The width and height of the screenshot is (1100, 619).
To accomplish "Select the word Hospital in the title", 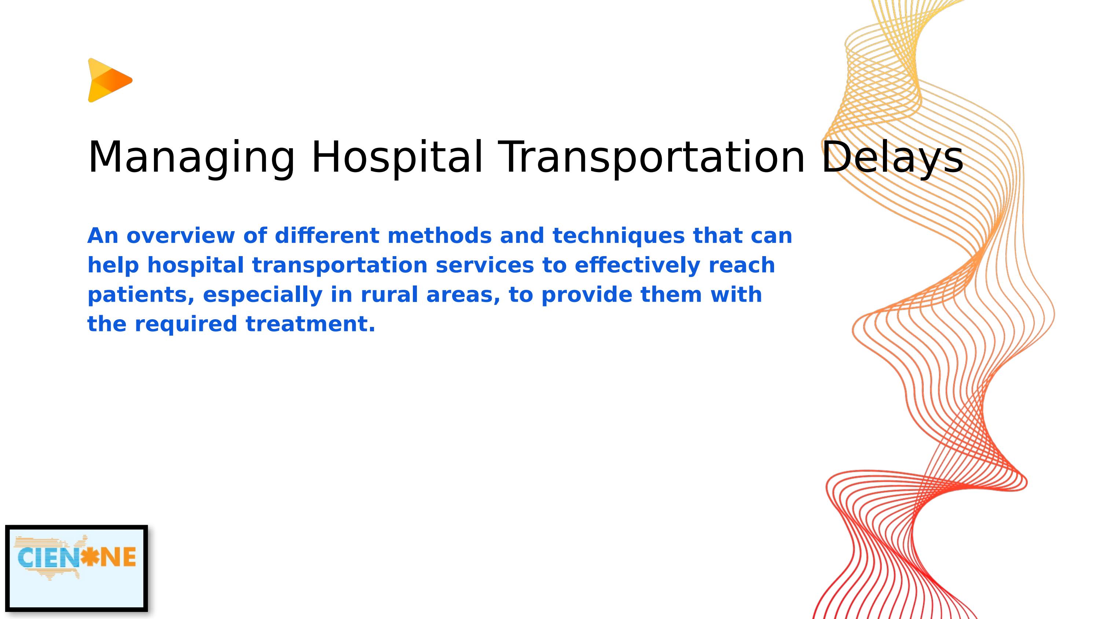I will click(x=397, y=157).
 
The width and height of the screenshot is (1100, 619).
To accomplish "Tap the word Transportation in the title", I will click(x=652, y=157).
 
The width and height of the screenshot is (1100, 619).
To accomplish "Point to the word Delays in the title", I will click(x=892, y=157).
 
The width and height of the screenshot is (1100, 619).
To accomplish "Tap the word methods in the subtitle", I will click(x=439, y=236).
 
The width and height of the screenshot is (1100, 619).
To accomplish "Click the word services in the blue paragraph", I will click(x=485, y=265).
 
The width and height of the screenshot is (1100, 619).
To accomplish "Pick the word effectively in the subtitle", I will click(x=637, y=265).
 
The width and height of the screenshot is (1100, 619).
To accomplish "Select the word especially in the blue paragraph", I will click(x=262, y=295).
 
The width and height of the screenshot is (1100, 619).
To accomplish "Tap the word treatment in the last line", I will click(x=310, y=324).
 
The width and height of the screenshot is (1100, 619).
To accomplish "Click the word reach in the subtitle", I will click(x=741, y=265).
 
